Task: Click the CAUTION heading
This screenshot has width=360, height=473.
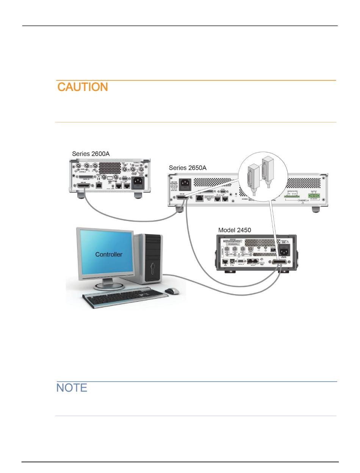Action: [83, 87]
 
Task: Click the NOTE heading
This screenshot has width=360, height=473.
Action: [72, 388]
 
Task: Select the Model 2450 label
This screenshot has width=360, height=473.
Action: [235, 230]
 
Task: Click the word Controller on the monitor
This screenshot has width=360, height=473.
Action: [108, 254]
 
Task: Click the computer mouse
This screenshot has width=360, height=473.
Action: [172, 291]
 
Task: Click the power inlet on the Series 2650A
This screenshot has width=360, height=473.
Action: [185, 184]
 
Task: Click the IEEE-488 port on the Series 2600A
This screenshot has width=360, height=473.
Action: [85, 186]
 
